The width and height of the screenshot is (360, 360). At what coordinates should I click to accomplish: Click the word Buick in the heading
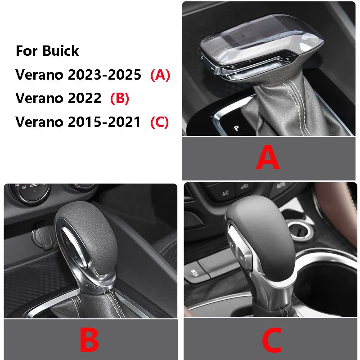coord(61,51)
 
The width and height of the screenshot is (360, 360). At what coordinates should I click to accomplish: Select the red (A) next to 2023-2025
coord(160,75)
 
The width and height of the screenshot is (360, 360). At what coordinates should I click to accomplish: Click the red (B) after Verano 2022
coord(119,98)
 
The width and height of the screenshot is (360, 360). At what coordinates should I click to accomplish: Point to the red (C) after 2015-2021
coord(160,122)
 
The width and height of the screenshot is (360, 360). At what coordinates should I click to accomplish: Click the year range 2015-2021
coord(104,122)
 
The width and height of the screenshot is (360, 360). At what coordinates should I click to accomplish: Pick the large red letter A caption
coord(268,158)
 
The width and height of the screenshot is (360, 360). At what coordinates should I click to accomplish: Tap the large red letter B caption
coord(89,340)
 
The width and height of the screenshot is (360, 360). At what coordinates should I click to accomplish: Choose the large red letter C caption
coord(271,340)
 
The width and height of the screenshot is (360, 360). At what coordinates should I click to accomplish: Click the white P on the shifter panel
coord(236,128)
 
